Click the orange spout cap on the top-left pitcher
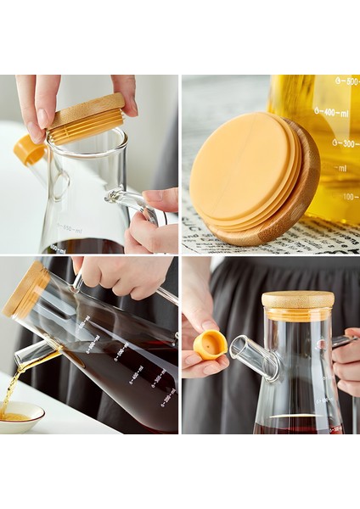coord(30,150)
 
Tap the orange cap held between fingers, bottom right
coord(211,344)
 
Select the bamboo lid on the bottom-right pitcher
coord(297,301)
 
